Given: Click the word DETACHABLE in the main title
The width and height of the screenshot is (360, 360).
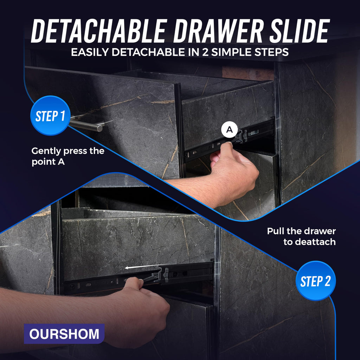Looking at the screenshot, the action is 99,31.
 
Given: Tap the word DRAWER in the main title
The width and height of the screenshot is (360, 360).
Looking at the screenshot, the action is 218,31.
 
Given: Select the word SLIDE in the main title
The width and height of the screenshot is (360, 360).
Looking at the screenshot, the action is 300,31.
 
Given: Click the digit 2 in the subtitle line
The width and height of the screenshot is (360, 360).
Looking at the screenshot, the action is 205,52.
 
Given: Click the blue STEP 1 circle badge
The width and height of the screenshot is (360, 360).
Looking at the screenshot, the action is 50,115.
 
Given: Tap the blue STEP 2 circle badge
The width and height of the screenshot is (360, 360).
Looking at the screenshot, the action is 316,281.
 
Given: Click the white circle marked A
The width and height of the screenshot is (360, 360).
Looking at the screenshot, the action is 229,130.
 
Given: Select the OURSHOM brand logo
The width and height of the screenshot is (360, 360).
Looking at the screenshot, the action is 64,334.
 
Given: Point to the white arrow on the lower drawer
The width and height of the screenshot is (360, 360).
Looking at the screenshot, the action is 143,266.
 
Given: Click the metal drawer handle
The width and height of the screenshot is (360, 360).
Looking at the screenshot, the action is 87,125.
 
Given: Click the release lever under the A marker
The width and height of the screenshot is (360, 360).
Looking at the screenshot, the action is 240,137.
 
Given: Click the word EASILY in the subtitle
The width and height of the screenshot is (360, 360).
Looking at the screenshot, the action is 90,52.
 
